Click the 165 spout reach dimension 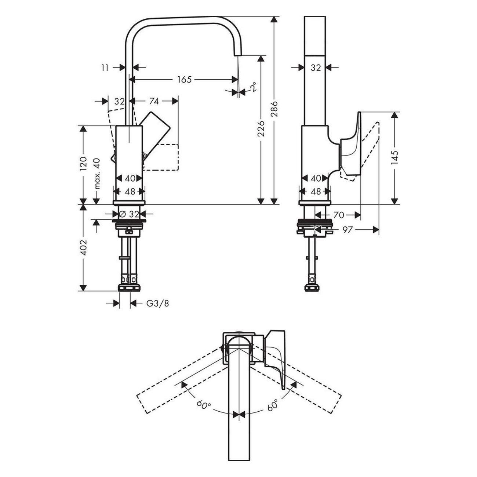(x=185, y=79)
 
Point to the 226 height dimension (x=261, y=128)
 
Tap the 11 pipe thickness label (x=105, y=68)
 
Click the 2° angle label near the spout (x=253, y=87)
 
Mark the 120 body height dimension (x=84, y=164)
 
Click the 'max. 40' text (x=97, y=173)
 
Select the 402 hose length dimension (x=84, y=248)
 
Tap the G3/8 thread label (x=158, y=303)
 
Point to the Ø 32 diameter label (x=130, y=214)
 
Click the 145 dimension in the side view (x=394, y=158)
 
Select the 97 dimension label (x=347, y=230)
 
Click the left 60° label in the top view (x=204, y=405)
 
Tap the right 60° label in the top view (x=273, y=405)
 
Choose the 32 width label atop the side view (x=316, y=68)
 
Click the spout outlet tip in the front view (x=237, y=54)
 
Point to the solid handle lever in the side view (x=352, y=147)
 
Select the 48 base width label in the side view (x=316, y=192)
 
